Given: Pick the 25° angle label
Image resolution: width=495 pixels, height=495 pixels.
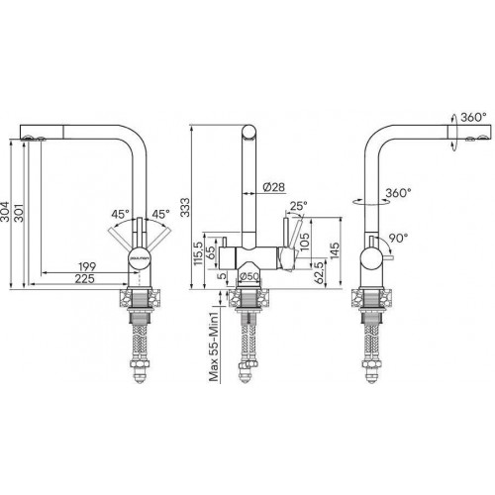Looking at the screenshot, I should pyautogui.click(x=298, y=207).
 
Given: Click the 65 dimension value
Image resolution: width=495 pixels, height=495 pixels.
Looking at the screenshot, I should pyautogui.click(x=210, y=253).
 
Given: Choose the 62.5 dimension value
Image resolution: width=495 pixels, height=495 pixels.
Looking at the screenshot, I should pyautogui.click(x=319, y=270).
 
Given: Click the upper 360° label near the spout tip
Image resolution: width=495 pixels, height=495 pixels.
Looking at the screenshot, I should pyautogui.click(x=472, y=118).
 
